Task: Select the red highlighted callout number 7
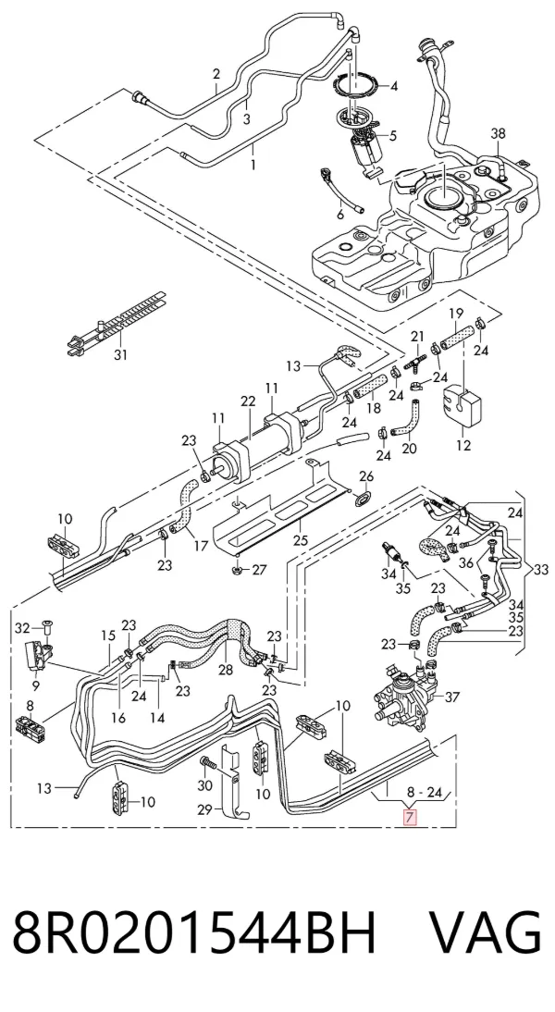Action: (x=409, y=817)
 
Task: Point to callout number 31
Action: (x=120, y=354)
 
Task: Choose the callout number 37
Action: (x=452, y=697)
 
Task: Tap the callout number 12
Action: (x=463, y=445)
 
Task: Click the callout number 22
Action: (x=249, y=401)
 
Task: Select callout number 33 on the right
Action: (x=541, y=570)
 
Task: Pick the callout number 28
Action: (x=225, y=670)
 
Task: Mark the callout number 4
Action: (x=393, y=86)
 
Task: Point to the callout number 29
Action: (x=204, y=810)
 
